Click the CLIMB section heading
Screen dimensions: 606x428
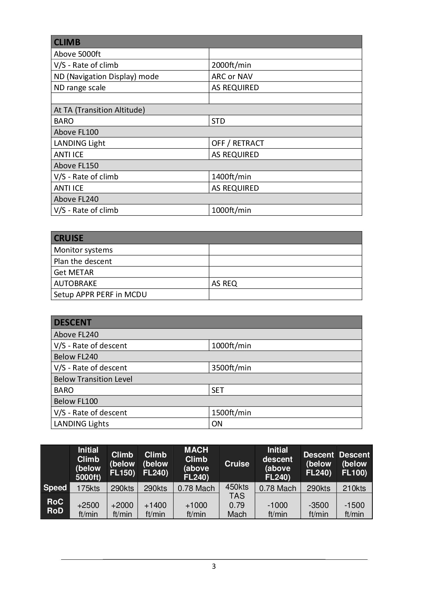[67, 42]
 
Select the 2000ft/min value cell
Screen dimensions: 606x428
[231, 65]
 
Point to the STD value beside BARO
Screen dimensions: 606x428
[218, 121]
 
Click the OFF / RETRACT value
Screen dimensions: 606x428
[237, 143]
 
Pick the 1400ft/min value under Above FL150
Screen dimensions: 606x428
[231, 177]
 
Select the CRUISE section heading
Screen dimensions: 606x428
[68, 238]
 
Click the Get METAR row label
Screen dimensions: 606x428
[74, 272]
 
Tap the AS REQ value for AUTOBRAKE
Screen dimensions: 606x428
[224, 284]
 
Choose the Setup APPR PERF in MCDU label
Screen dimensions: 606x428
[100, 295]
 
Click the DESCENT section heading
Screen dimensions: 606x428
[72, 322]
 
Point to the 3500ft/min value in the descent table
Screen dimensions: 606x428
[231, 368]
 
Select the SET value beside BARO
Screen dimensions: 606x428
[218, 390]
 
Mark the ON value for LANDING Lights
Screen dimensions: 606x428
[217, 424]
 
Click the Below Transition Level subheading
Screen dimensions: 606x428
[93, 379]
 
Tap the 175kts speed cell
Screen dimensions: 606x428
[88, 488]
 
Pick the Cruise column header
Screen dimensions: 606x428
[237, 464]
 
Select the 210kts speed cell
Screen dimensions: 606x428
[354, 488]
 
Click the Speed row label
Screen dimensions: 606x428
[55, 488]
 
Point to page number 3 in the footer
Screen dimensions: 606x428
[214, 566]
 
